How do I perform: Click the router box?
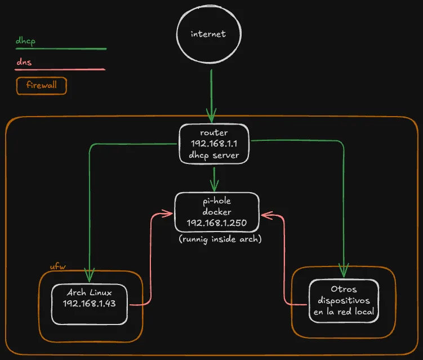tap(213, 144)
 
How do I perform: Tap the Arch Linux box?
tap(90, 304)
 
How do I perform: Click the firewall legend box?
tap(42, 86)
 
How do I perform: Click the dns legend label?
tap(24, 62)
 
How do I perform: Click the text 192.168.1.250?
tap(217, 223)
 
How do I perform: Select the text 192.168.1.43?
tap(90, 304)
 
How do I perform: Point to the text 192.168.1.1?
tap(213, 144)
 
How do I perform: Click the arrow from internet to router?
tap(211, 96)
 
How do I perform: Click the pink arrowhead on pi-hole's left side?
tap(167, 214)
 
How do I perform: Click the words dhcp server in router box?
tap(213, 155)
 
